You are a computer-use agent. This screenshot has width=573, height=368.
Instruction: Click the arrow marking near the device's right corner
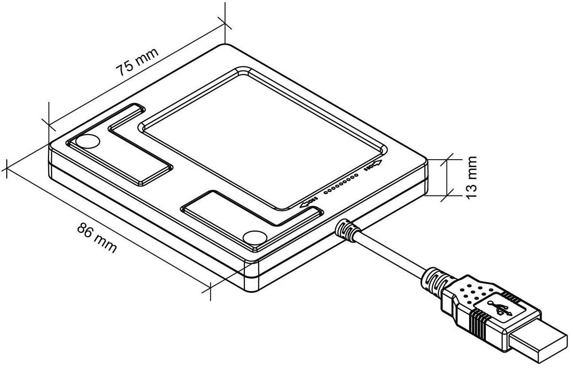click(x=372, y=167)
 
